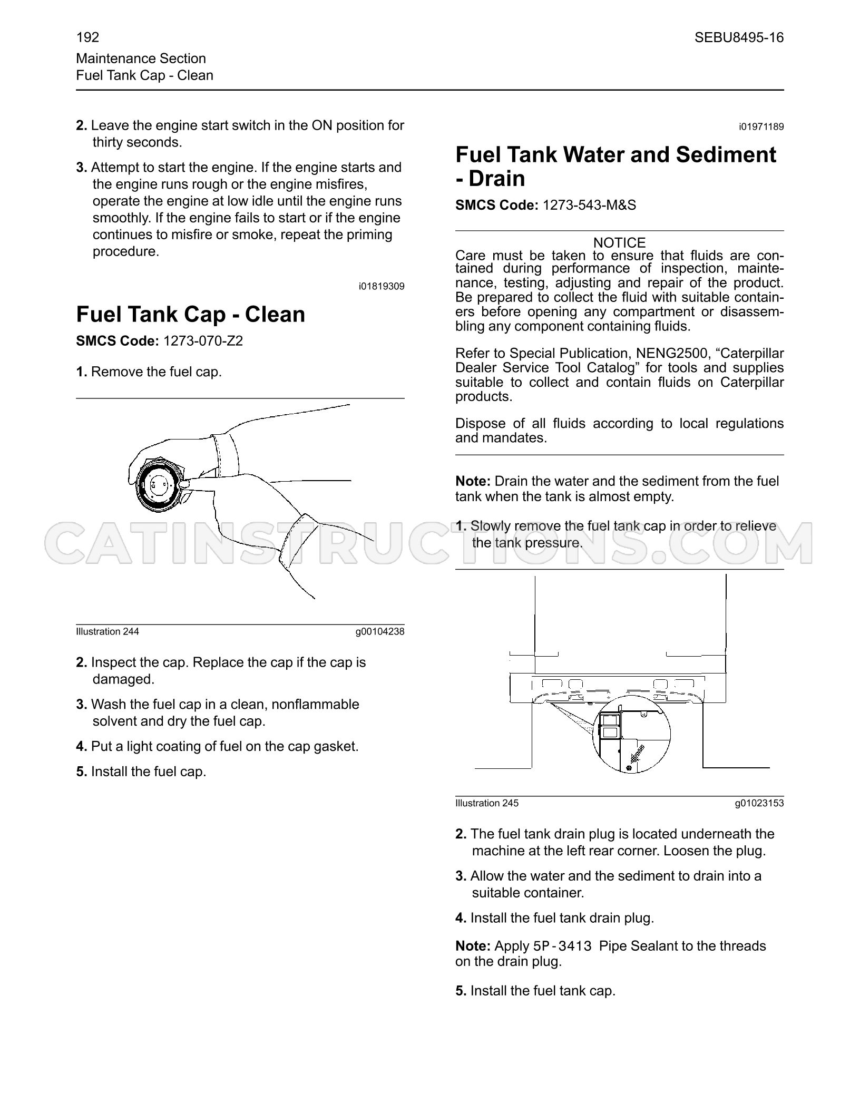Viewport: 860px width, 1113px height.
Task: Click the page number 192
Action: point(87,37)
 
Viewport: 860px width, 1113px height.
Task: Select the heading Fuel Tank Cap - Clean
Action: point(191,314)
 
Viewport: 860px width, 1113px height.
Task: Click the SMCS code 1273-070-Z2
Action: point(203,341)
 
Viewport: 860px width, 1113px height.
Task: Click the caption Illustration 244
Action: point(107,631)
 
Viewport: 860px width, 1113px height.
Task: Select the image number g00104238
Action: point(380,631)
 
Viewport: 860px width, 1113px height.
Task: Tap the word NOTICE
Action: point(619,243)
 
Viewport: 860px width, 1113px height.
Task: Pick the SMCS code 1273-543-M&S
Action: point(589,205)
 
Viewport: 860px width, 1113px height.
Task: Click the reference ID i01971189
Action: point(761,127)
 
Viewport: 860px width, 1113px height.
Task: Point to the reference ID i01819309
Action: point(382,287)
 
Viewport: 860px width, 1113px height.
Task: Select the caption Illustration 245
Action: point(487,803)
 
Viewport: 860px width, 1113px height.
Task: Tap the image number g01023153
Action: point(759,803)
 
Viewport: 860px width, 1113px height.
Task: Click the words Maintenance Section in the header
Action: point(141,58)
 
